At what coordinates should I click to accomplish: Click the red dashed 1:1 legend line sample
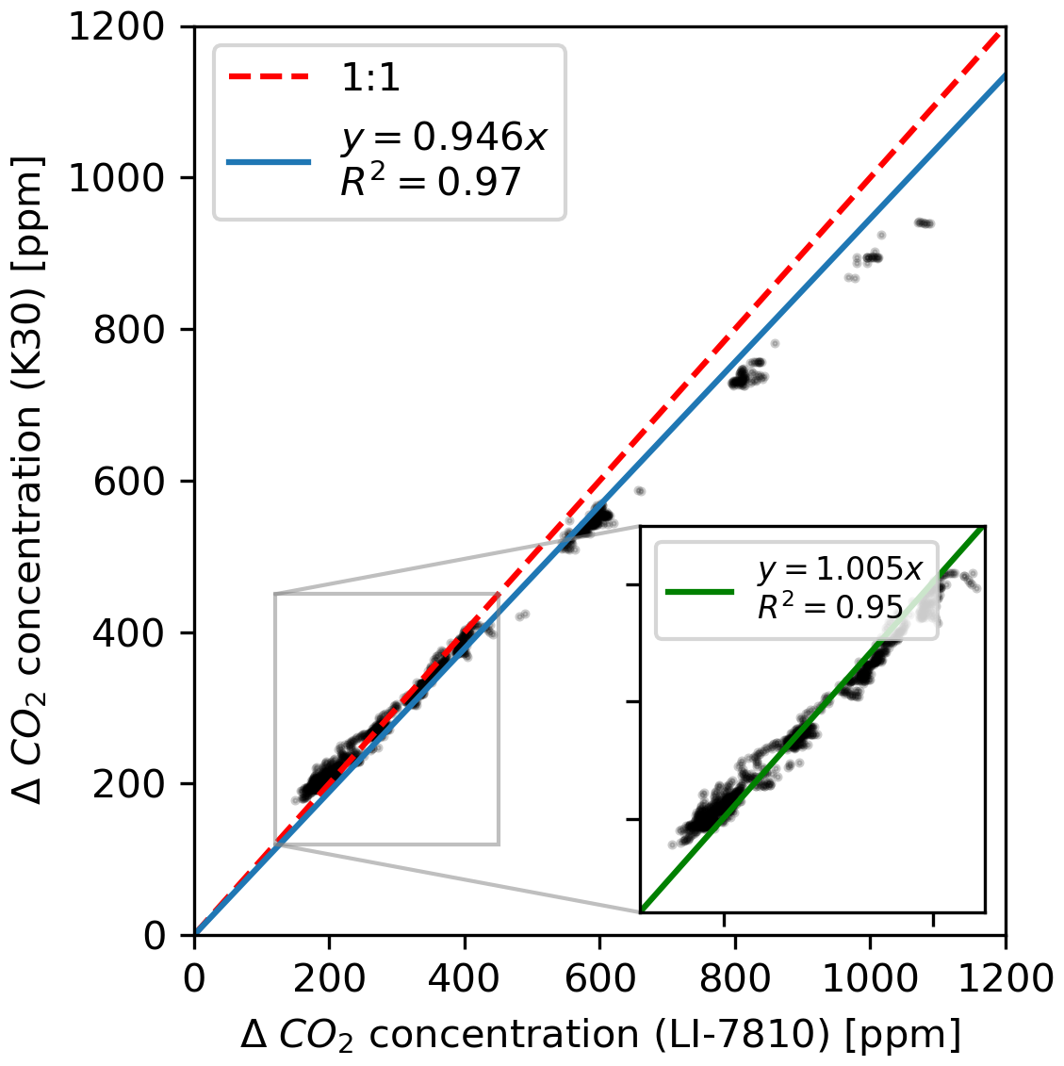(269, 78)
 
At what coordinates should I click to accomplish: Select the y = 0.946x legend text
(444, 139)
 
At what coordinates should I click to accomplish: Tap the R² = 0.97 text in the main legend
(431, 180)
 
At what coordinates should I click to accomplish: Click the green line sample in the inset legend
(699, 591)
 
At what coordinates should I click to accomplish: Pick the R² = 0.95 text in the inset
(829, 608)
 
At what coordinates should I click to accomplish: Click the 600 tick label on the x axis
(599, 978)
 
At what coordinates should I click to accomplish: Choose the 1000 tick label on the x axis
(870, 978)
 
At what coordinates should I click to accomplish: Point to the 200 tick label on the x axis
(329, 978)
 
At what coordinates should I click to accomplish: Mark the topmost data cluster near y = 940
(925, 223)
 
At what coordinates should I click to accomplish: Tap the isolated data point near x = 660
(639, 491)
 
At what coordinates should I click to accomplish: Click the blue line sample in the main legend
(269, 161)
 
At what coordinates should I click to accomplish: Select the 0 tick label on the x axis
(194, 978)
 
